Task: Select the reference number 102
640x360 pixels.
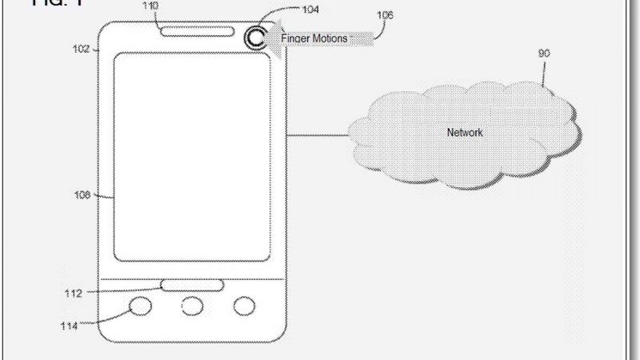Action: [81, 49]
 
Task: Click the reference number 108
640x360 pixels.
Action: [82, 195]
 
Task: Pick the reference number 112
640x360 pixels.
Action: [73, 293]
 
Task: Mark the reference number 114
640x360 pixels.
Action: [69, 326]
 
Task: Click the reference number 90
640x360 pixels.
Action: [544, 53]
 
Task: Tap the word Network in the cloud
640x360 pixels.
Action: [465, 132]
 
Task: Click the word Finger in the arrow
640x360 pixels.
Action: [294, 38]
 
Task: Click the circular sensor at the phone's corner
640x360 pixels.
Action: [255, 39]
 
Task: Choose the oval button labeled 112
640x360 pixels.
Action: [193, 286]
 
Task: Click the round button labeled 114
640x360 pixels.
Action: [141, 306]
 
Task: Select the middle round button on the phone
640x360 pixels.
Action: [193, 306]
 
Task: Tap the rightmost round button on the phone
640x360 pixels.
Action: [244, 306]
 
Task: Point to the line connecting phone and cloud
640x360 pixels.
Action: [317, 135]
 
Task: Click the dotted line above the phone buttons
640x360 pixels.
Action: [193, 279]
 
